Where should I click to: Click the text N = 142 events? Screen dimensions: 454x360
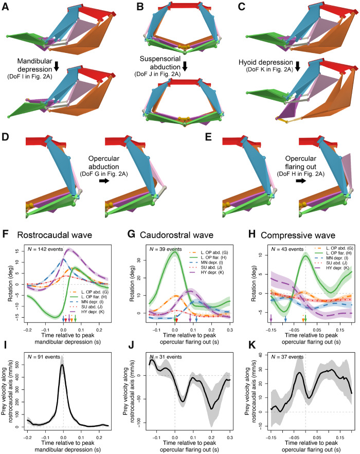[x=48, y=249]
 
